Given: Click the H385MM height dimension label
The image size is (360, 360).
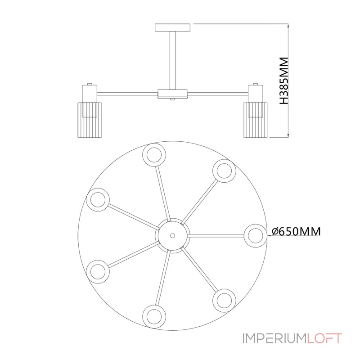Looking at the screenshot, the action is pyautogui.click(x=284, y=81).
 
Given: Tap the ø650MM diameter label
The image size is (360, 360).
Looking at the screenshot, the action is pyautogui.click(x=296, y=231).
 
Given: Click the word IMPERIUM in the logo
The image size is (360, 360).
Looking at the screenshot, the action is pyautogui.click(x=274, y=338).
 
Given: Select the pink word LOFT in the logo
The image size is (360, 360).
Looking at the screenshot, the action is pyautogui.click(x=324, y=338).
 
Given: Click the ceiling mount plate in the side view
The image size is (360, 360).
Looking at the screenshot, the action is pyautogui.click(x=173, y=27).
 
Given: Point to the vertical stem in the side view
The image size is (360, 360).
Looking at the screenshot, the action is pyautogui.click(x=173, y=60).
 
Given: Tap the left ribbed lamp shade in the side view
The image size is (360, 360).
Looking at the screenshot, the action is pyautogui.click(x=90, y=120).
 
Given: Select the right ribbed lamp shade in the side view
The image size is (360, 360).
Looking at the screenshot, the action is pyautogui.click(x=256, y=120).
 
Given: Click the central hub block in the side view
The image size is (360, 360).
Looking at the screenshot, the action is pyautogui.click(x=173, y=94).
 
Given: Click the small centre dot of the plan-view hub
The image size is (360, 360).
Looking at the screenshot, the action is pyautogui.click(x=173, y=236).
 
